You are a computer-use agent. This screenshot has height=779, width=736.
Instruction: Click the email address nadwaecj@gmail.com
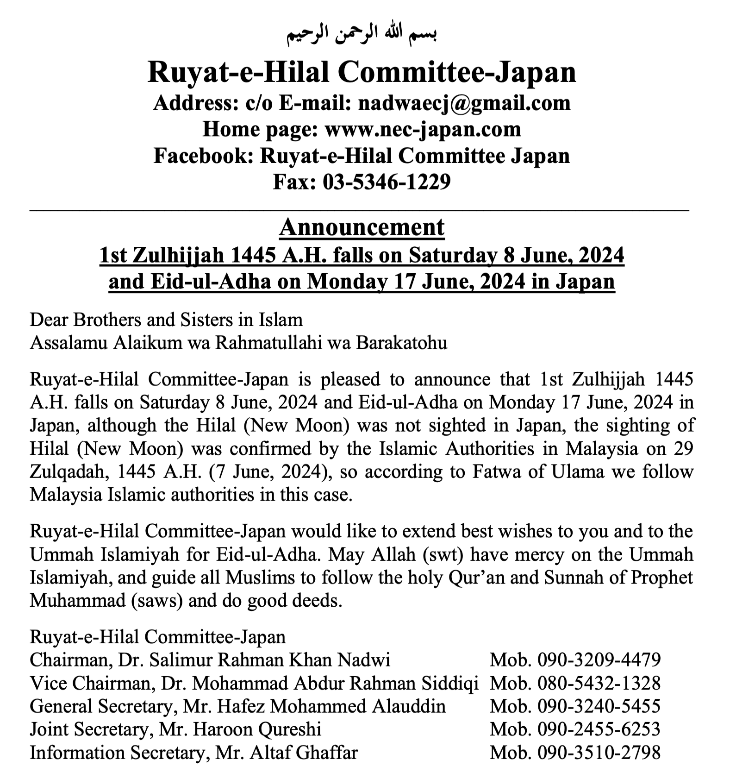pyautogui.click(x=464, y=103)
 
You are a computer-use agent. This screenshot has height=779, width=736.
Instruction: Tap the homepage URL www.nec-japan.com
pyautogui.click(x=423, y=129)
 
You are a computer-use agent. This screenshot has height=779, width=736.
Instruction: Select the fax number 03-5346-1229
pyautogui.click(x=387, y=182)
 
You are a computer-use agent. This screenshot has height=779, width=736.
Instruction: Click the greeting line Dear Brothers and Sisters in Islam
pyautogui.click(x=166, y=320)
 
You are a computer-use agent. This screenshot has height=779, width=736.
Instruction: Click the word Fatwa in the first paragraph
pyautogui.click(x=492, y=472)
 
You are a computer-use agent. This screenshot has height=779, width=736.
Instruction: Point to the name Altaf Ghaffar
pyautogui.click(x=304, y=753)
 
